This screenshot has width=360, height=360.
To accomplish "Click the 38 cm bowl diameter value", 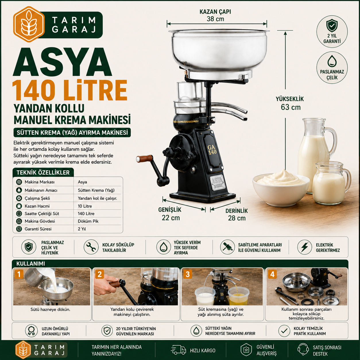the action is click(215, 19).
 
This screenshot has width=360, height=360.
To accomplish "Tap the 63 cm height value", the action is click(291, 107).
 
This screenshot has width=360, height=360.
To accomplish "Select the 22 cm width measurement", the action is click(171, 218).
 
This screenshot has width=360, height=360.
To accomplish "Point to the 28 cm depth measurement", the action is click(237, 218).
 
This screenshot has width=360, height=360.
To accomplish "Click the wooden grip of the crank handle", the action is click(144, 158).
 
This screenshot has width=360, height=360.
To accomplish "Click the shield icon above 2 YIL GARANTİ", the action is click(332, 26).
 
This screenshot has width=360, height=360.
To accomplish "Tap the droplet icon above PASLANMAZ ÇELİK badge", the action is click(332, 61).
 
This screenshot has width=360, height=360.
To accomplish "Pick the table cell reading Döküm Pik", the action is click(88, 221).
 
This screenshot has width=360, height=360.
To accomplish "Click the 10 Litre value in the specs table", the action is click(85, 206).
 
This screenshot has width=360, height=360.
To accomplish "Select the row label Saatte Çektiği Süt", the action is click(42, 214).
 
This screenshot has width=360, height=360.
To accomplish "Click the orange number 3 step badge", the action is click(187, 274).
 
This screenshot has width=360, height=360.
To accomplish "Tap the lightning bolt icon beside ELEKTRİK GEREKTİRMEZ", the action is click(305, 247).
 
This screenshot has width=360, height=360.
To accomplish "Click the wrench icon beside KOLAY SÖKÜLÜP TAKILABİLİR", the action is click(91, 247).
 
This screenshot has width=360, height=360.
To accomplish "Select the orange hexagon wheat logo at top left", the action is click(29, 24).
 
